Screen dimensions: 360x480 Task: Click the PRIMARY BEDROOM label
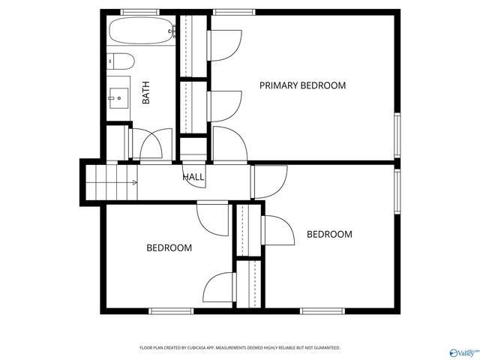pyautogui.click(x=302, y=85)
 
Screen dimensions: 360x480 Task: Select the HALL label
pyautogui.click(x=193, y=177)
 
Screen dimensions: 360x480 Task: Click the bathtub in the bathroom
pyautogui.click(x=142, y=32)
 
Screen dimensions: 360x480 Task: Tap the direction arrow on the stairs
pyautogui.click(x=135, y=181)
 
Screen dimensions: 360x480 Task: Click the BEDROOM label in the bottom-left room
pyautogui.click(x=169, y=247)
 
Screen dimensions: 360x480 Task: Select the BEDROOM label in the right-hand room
pyautogui.click(x=329, y=235)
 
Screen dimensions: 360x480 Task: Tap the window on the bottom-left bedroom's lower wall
pyautogui.click(x=172, y=310)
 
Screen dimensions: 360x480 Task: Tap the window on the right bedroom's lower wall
pyautogui.click(x=322, y=310)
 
